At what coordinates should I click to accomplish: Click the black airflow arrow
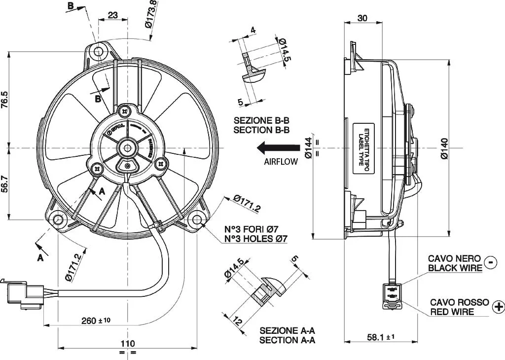[279, 147]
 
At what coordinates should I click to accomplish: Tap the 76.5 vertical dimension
[4, 99]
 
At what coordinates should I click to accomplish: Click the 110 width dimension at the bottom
[128, 343]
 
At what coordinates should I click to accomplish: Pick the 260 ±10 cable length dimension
[96, 321]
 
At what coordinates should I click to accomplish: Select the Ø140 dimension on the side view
[444, 147]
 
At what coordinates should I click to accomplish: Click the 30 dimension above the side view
[362, 18]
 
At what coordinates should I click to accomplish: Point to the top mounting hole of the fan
[99, 51]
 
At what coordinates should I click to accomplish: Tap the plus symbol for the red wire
[498, 306]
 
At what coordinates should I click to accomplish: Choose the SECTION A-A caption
[287, 339]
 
